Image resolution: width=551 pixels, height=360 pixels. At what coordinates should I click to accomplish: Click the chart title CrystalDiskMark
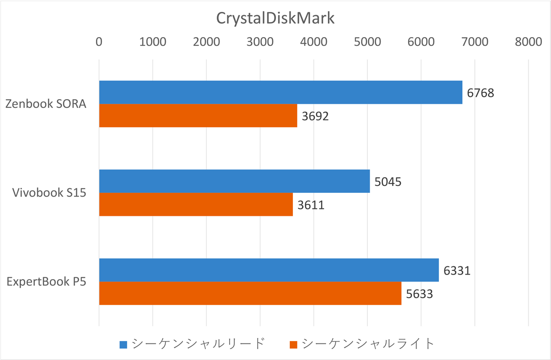(x=275, y=19)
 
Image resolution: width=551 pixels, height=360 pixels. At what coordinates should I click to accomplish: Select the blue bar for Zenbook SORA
(x=281, y=92)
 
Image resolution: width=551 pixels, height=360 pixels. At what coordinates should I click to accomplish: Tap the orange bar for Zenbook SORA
(x=198, y=115)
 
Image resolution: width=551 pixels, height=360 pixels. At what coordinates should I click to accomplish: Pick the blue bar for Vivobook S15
(x=234, y=181)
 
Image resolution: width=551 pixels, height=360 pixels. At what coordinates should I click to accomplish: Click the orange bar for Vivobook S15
(x=196, y=204)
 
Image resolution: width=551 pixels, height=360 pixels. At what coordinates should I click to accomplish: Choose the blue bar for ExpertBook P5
(x=269, y=270)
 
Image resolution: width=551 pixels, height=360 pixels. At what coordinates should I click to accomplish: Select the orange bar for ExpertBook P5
(x=250, y=293)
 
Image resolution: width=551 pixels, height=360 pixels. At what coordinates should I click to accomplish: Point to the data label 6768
(x=480, y=93)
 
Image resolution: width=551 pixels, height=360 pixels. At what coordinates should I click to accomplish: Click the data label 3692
(x=315, y=116)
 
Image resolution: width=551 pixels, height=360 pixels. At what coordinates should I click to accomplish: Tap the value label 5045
(x=388, y=182)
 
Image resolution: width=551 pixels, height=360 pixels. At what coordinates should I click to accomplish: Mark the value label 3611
(x=311, y=205)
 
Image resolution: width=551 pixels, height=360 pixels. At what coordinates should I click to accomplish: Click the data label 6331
(x=457, y=270)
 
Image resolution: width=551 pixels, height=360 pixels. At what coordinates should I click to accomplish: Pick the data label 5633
(x=419, y=293)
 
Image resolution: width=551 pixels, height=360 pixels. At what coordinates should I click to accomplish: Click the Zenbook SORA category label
(x=46, y=104)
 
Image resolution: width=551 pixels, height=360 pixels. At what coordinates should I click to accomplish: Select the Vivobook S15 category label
(x=49, y=193)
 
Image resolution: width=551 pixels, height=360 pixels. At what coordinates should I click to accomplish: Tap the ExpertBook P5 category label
(x=46, y=281)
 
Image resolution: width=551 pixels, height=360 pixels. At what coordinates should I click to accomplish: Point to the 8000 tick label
(x=528, y=42)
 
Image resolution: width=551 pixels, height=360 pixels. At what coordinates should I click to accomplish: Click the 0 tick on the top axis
(x=99, y=42)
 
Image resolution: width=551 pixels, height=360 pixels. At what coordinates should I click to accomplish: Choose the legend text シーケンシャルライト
(x=368, y=343)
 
